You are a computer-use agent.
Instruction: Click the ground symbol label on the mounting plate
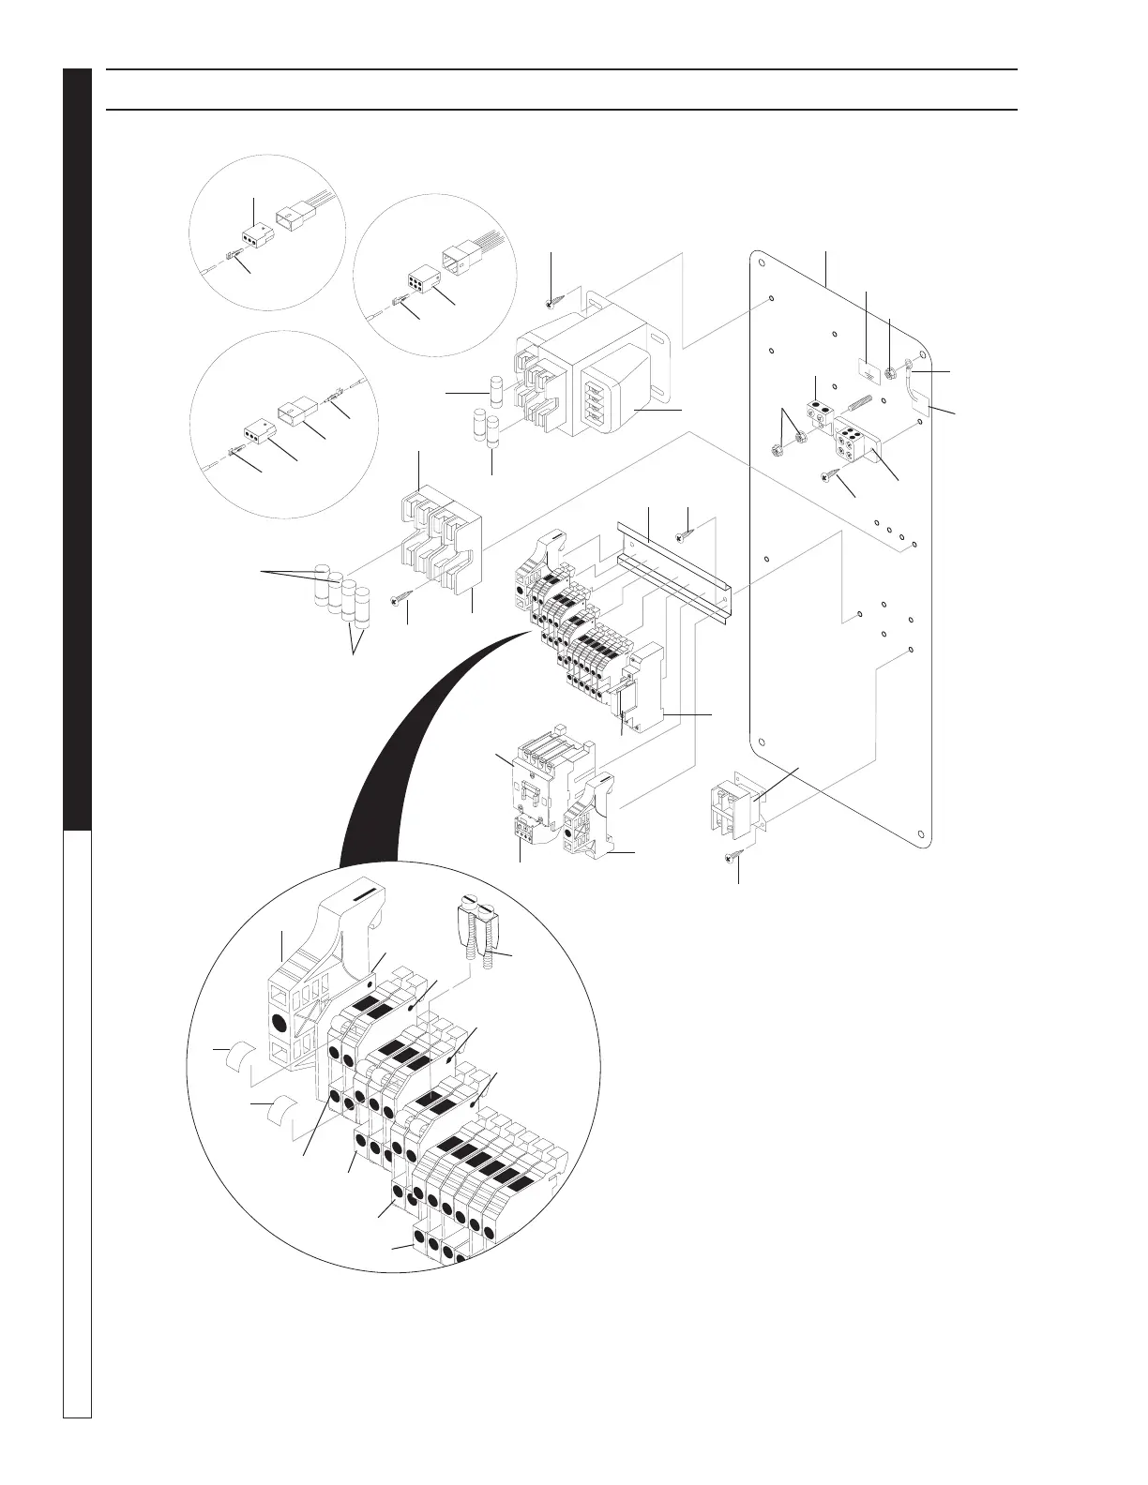tap(869, 368)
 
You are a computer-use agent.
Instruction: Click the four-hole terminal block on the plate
tap(855, 444)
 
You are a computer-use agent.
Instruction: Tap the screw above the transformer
tap(553, 302)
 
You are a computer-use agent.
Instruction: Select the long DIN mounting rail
tap(673, 566)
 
